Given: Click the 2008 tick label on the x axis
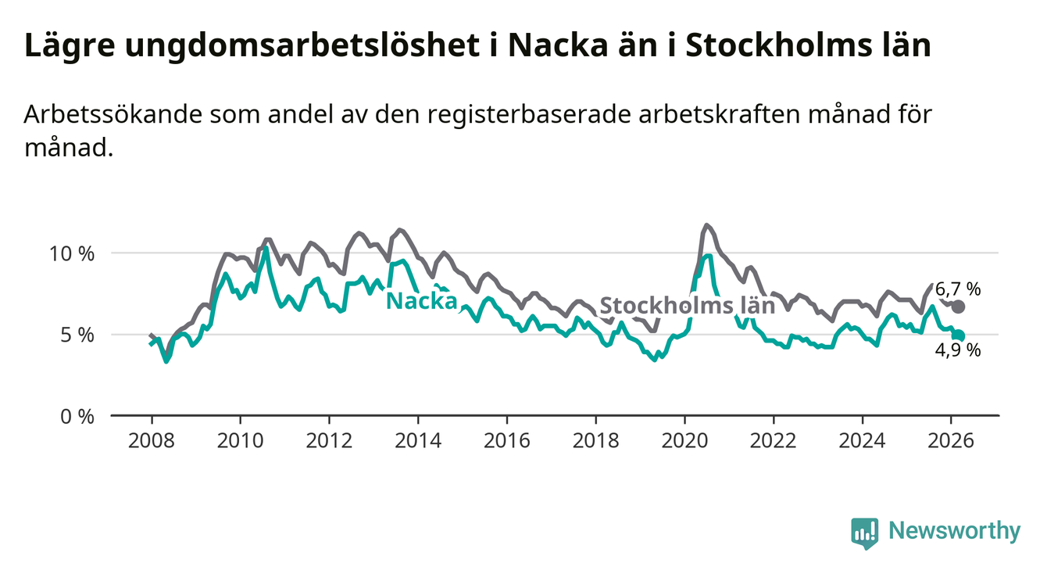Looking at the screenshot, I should click(x=151, y=439).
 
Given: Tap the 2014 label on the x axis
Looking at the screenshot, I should click(x=417, y=439).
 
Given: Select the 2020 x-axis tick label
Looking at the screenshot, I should click(x=684, y=439).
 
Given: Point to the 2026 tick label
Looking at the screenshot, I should click(x=951, y=439).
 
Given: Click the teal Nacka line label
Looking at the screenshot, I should click(x=421, y=300).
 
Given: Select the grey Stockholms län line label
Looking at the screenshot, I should click(x=687, y=305).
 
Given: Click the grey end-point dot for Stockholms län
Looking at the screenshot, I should click(x=958, y=307).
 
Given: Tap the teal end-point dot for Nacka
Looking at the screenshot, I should click(x=959, y=335).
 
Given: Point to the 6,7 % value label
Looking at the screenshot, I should click(x=958, y=289).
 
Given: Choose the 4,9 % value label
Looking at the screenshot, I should click(x=958, y=351).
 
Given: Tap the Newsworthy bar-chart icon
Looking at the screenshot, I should click(x=865, y=533).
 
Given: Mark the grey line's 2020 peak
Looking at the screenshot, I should click(x=706, y=225).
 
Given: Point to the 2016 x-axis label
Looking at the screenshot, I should click(x=506, y=439).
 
